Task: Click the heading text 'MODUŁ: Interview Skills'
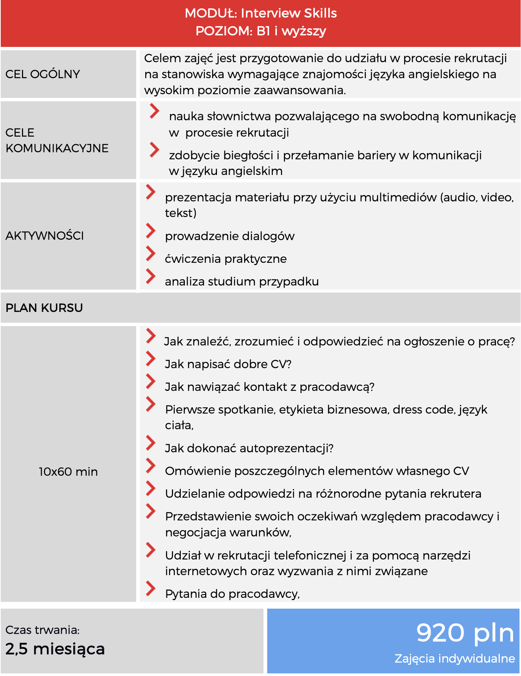pyautogui.click(x=260, y=13)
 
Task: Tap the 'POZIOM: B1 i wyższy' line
pyautogui.click(x=260, y=31)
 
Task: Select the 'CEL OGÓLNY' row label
pyautogui.click(x=43, y=74)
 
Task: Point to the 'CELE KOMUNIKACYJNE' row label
pyautogui.click(x=57, y=140)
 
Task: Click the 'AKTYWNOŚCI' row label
pyautogui.click(x=45, y=236)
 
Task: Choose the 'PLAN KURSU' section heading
pyautogui.click(x=44, y=308)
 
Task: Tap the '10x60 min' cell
pyautogui.click(x=68, y=472)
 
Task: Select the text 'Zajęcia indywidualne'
pyautogui.click(x=454, y=659)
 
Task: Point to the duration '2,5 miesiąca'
pyautogui.click(x=55, y=649)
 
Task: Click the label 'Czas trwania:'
pyautogui.click(x=42, y=630)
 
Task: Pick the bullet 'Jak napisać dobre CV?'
pyautogui.click(x=228, y=364)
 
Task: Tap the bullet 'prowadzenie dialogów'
pyautogui.click(x=230, y=236)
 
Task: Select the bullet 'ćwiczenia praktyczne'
pyautogui.click(x=226, y=259)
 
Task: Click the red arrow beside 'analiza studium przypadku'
pyautogui.click(x=150, y=276)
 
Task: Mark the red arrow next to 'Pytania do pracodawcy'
pyautogui.click(x=150, y=589)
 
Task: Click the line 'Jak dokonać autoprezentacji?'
pyautogui.click(x=249, y=448)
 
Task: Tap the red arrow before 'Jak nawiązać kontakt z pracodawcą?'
pyautogui.click(x=150, y=382)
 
